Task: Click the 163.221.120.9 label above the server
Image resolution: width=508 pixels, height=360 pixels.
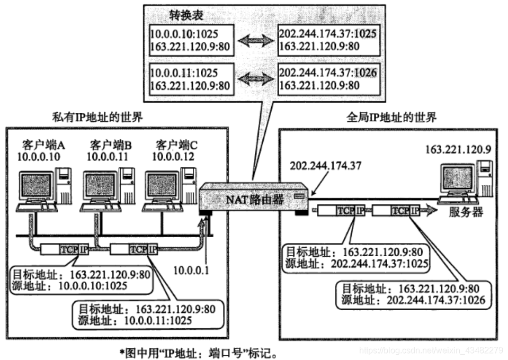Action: point(458,150)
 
